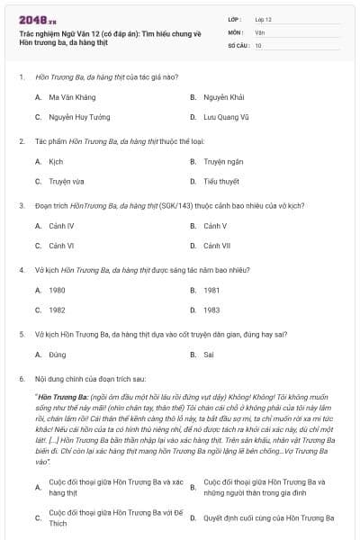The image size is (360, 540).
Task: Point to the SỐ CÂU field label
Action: [x=239, y=44]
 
